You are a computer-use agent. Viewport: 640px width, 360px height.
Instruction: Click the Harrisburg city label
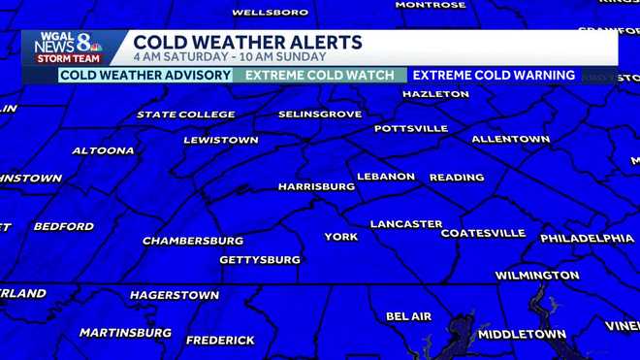point(316,185)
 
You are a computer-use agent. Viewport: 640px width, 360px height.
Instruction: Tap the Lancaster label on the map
point(406,224)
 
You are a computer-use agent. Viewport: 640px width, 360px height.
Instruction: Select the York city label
point(340,237)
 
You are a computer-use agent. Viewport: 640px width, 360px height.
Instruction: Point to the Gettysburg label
point(260,260)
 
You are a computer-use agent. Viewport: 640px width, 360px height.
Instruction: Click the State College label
point(185,115)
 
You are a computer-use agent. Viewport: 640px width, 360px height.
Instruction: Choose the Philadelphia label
point(587,239)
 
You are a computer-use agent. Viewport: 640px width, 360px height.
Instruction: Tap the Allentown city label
point(510,139)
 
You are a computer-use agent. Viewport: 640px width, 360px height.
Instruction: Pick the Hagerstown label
point(174,295)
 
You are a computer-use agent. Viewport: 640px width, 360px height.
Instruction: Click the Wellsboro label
point(271,13)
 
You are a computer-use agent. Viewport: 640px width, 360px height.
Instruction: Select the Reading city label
point(457,178)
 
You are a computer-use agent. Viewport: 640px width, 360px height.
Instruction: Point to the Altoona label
point(103,150)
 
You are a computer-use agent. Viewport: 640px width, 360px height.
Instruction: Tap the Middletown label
point(522,334)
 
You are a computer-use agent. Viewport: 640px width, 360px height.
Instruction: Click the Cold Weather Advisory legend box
point(145,75)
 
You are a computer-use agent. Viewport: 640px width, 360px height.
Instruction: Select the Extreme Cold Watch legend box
point(320,75)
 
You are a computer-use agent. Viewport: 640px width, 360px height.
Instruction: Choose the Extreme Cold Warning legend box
point(493,75)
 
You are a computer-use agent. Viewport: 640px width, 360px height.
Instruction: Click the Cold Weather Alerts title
point(247,42)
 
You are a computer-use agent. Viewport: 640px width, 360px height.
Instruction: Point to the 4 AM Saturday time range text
point(229,57)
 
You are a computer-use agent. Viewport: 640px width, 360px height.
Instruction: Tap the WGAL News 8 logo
point(69,43)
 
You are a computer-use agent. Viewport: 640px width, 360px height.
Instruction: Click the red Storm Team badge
point(68,59)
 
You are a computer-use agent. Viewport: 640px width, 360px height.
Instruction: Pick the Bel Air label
point(408,316)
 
